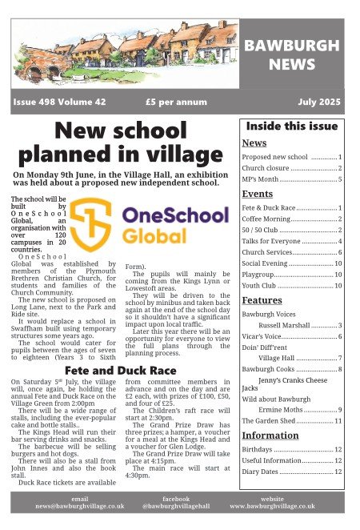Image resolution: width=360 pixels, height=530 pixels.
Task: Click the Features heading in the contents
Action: (262, 300)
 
